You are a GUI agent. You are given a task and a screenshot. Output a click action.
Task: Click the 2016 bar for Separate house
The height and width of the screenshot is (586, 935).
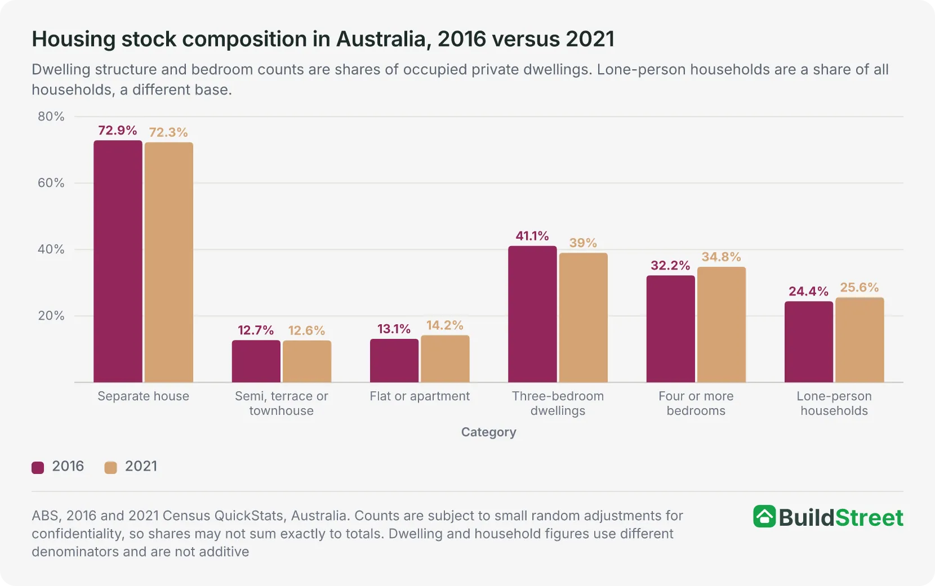pos(118,261)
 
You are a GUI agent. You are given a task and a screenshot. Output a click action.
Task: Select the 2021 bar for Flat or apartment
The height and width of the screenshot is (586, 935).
pos(445,359)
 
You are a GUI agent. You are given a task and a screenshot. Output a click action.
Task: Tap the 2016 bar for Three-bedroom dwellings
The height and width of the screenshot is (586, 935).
pos(532,314)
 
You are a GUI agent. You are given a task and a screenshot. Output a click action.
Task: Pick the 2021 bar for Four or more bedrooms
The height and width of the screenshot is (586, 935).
pos(722,324)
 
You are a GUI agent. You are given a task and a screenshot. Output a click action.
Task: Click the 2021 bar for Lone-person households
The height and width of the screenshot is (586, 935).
pos(860,340)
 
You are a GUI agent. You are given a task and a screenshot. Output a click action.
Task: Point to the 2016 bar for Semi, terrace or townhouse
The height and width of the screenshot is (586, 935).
pos(256,361)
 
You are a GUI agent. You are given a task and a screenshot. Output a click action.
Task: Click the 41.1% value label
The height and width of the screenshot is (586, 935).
pos(532,236)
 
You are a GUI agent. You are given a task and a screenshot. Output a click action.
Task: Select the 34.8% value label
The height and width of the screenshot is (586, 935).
pos(722,257)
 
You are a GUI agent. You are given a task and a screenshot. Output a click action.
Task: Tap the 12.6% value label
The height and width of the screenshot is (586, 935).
pos(307,331)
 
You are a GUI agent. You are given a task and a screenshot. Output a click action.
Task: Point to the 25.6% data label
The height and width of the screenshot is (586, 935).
pos(860,287)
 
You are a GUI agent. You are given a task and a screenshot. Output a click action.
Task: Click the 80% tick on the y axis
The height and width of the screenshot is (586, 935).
pos(51,117)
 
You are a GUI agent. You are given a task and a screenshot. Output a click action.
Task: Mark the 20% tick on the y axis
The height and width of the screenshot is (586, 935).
pos(51,316)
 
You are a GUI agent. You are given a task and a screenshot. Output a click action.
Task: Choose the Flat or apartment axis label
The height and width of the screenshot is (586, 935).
pos(420,396)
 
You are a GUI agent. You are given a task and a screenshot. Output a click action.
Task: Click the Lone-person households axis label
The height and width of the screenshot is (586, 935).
pos(834,403)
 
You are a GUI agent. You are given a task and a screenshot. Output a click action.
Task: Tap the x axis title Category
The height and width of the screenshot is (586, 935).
pos(488,432)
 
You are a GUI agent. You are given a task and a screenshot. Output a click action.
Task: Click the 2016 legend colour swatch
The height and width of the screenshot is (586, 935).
pos(38,468)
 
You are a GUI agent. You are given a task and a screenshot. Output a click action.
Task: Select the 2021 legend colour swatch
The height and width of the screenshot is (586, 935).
pos(110,468)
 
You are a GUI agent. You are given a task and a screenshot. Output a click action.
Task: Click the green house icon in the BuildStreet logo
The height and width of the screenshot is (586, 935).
pos(764,516)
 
